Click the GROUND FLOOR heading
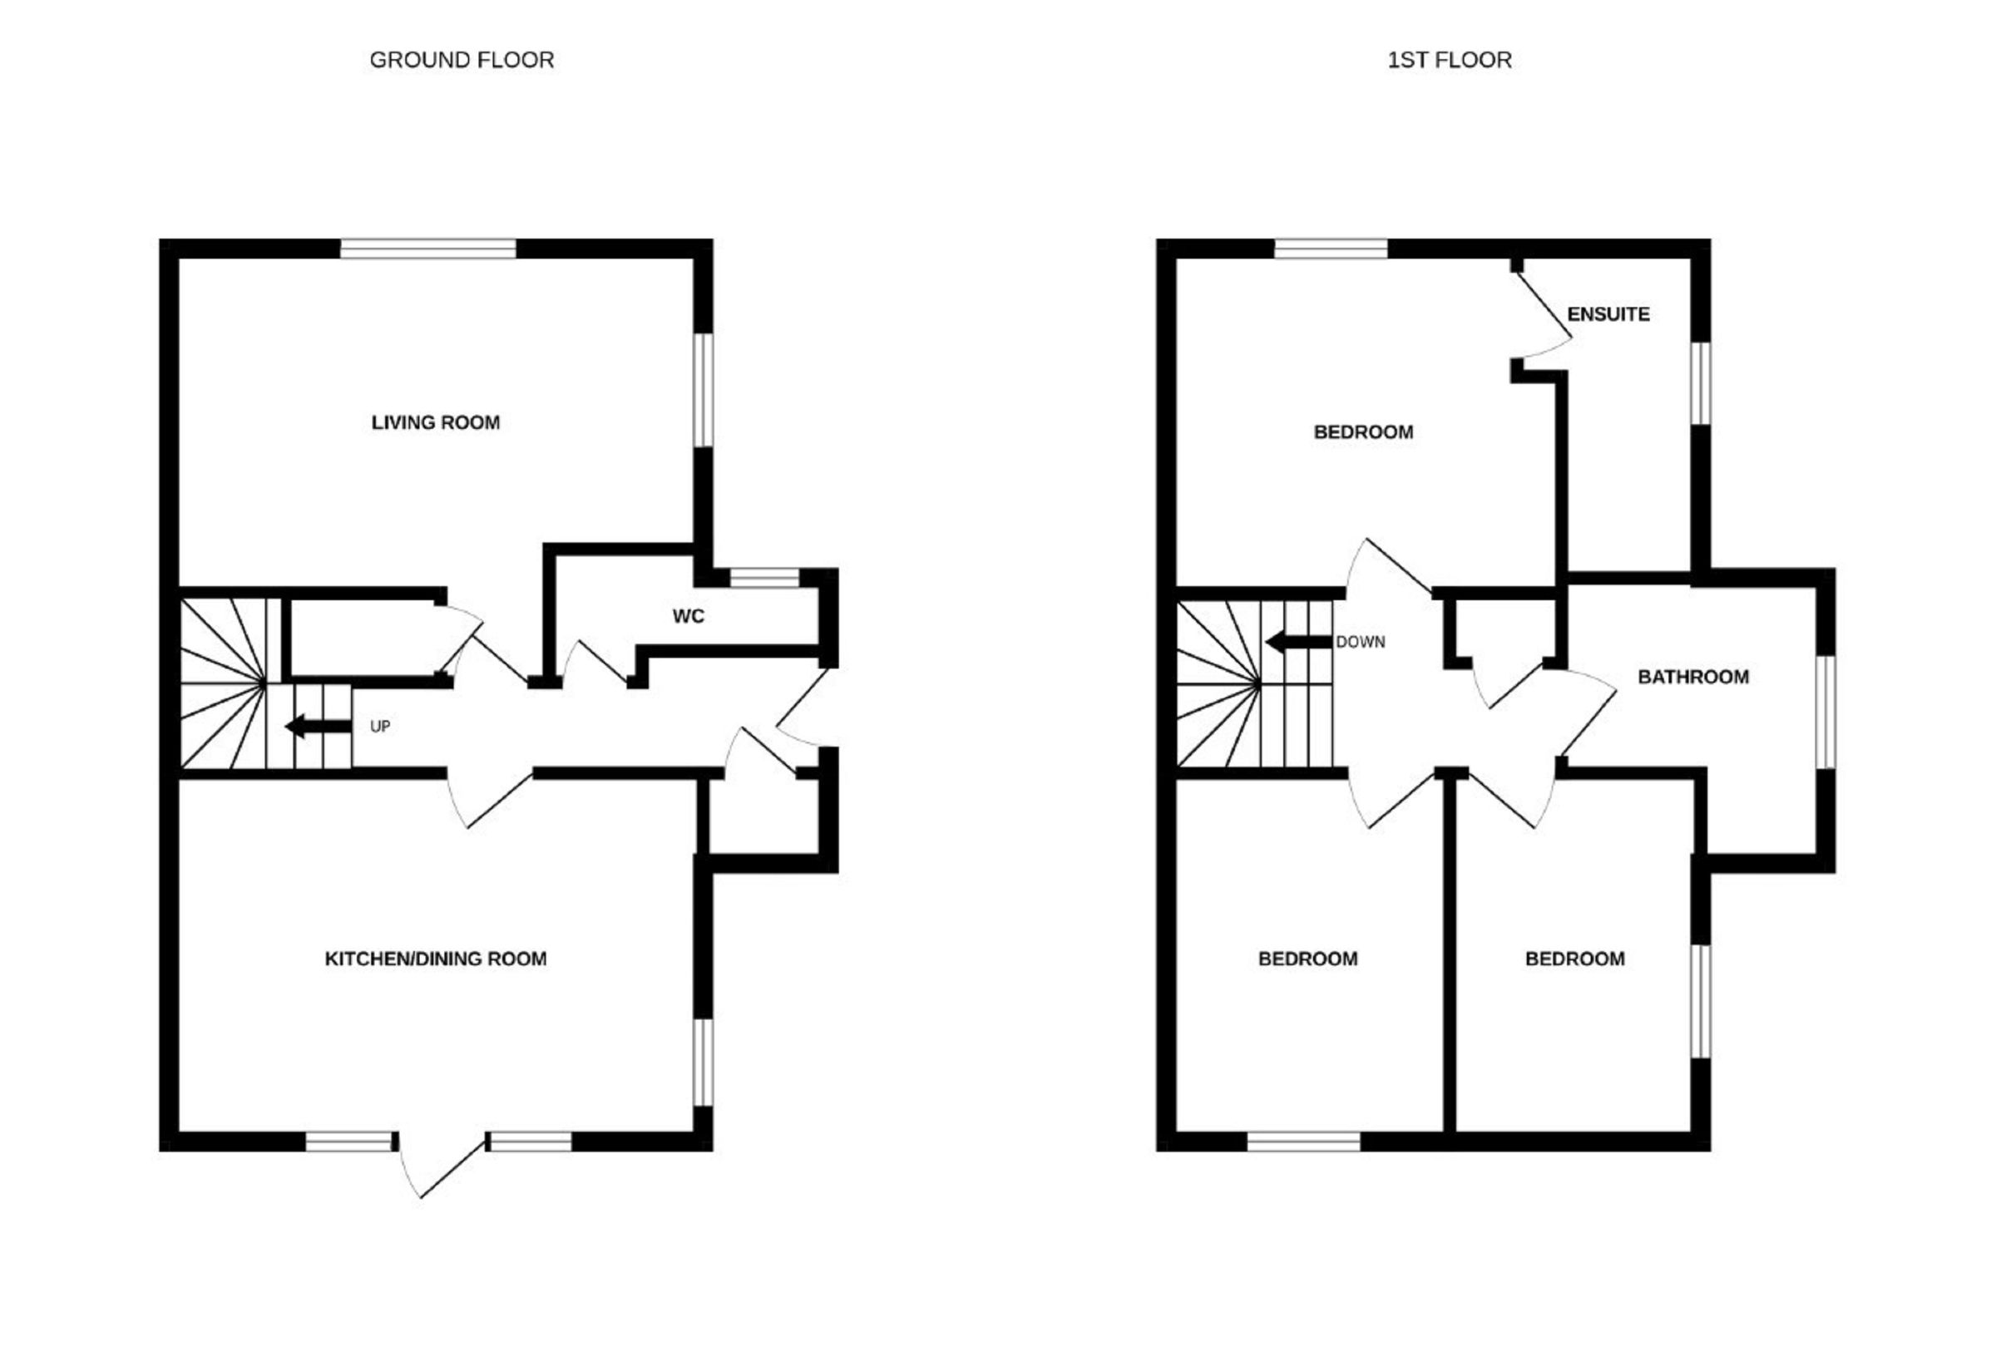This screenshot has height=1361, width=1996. [x=462, y=60]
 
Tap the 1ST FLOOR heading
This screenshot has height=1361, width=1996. [x=1449, y=60]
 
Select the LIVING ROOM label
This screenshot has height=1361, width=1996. [x=436, y=422]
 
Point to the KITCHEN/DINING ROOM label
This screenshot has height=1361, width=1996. [x=436, y=959]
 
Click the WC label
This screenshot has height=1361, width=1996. [x=688, y=616]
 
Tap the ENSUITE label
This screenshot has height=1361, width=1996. [x=1608, y=314]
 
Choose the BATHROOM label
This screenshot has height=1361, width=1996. [x=1692, y=677]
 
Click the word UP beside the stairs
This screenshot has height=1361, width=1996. [x=379, y=727]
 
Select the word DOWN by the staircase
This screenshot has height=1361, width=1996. [x=1361, y=642]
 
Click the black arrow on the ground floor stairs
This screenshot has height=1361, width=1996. [x=318, y=727]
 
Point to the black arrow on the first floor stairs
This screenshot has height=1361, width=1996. [x=1298, y=642]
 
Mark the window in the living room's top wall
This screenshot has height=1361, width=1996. [x=427, y=249]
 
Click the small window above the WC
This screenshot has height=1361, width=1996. [x=763, y=578]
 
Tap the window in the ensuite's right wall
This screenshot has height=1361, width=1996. [x=1701, y=383]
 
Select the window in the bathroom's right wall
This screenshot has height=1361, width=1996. [x=1825, y=712]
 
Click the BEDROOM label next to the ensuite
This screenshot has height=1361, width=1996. [x=1363, y=432]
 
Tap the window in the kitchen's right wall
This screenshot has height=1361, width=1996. [x=703, y=1063]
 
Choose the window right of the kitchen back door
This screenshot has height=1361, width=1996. [x=529, y=1142]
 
